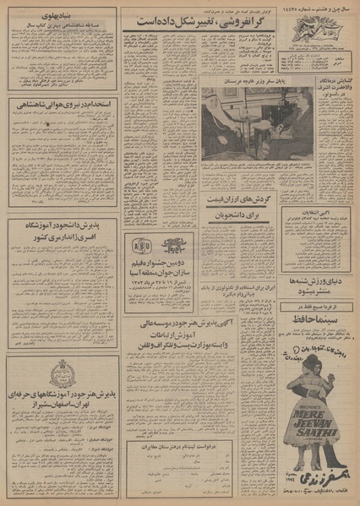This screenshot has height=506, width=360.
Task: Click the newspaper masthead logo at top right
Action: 316,22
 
